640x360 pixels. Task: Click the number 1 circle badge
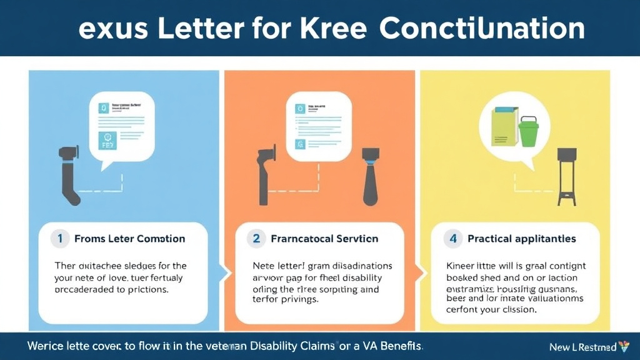tap(60, 238)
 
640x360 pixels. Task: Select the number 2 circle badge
tap(256, 238)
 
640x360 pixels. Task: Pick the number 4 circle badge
tap(453, 238)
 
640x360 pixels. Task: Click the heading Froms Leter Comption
tap(129, 239)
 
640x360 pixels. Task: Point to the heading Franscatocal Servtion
tap(324, 239)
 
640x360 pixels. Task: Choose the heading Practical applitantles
tap(522, 239)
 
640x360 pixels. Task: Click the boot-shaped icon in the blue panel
tap(68, 175)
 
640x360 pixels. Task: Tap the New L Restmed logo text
tap(582, 346)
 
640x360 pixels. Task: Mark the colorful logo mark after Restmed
tap(624, 346)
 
